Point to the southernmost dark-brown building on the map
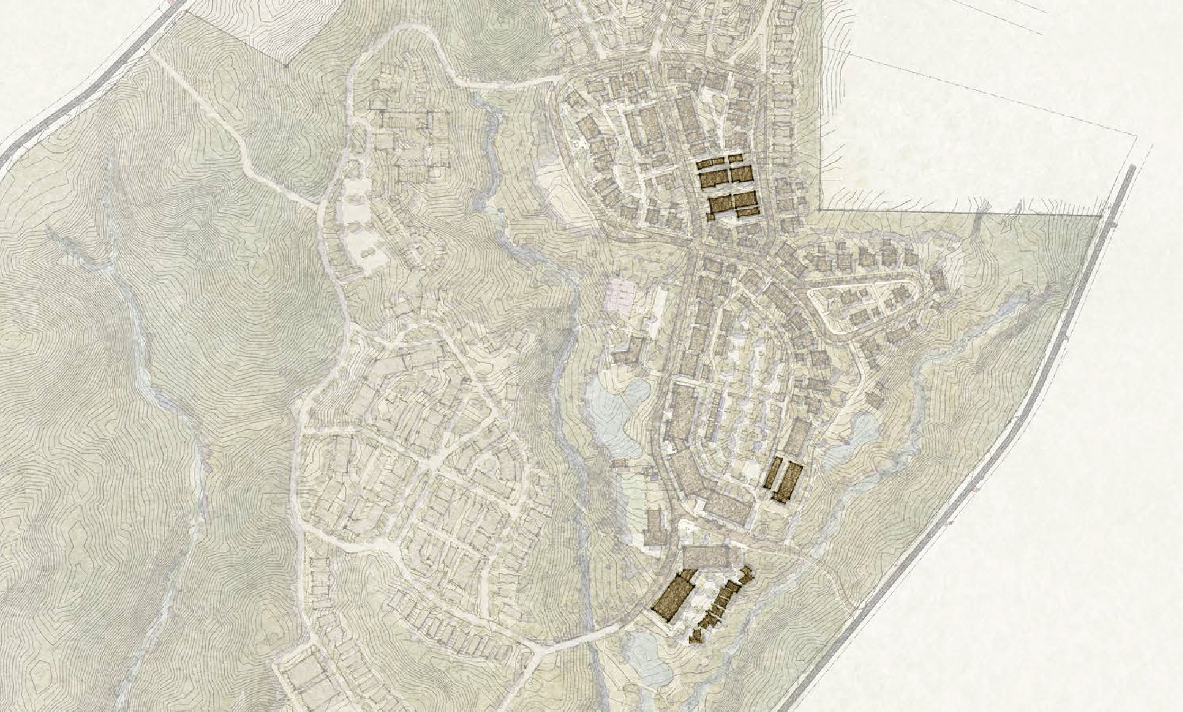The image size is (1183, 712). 697,636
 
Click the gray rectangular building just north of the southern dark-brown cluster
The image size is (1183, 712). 711,556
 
